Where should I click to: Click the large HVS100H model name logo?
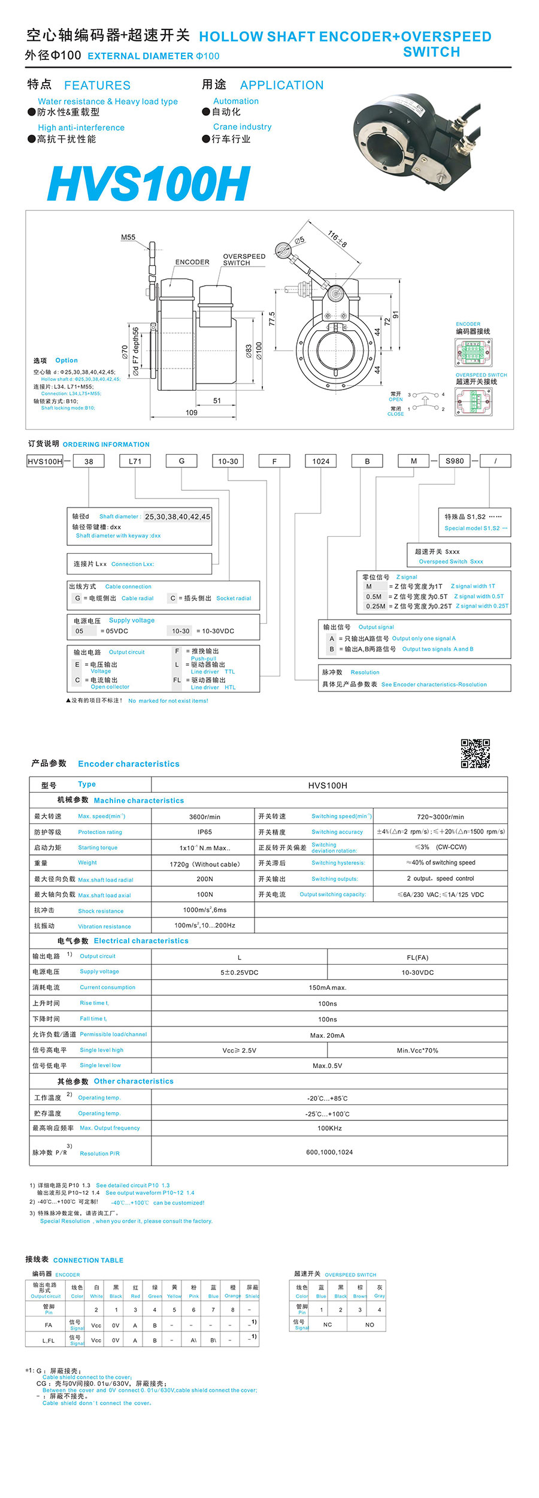(x=149, y=183)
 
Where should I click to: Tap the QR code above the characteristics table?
(x=475, y=753)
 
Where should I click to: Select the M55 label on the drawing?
(x=128, y=237)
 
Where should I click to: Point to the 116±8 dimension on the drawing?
(x=337, y=238)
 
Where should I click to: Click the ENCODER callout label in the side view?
(x=192, y=262)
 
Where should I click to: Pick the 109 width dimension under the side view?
(x=192, y=412)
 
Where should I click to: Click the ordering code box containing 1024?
(x=320, y=461)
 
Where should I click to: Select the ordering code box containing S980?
(x=455, y=461)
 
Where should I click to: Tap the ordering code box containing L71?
(x=135, y=461)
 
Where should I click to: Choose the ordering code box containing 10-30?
(x=228, y=461)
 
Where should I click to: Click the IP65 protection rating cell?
(x=204, y=832)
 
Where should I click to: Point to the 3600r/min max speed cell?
(x=204, y=817)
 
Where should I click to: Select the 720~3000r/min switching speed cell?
(x=440, y=817)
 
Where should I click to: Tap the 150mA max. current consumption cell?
(x=328, y=987)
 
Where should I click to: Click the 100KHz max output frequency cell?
(x=329, y=1128)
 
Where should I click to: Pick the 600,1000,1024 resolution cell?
(x=329, y=1152)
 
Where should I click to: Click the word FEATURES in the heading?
(x=97, y=86)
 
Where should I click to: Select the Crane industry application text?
(x=242, y=127)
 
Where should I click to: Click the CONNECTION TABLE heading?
(x=88, y=1260)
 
